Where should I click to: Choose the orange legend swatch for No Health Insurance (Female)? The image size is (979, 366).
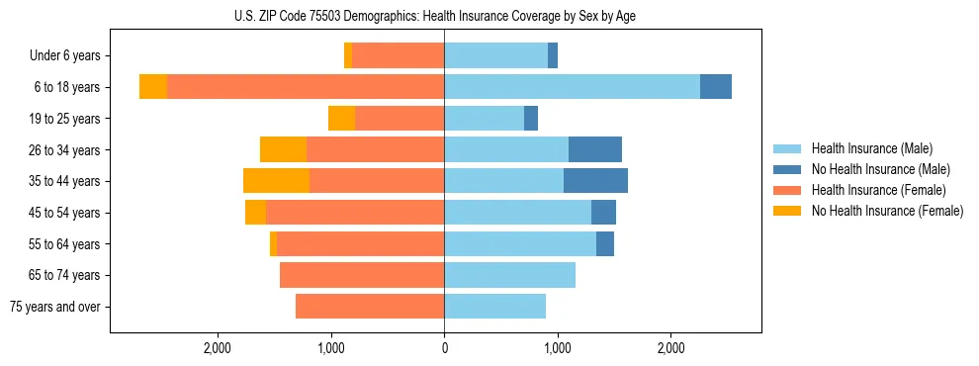787,211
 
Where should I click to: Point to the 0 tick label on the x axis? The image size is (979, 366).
444,348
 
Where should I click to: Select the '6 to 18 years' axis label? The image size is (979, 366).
67,87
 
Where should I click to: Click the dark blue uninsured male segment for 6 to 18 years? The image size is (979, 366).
716,87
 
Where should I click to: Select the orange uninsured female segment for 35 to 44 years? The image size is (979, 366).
276,181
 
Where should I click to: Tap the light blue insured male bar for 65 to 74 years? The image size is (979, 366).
509,275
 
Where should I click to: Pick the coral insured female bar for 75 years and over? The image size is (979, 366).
370,307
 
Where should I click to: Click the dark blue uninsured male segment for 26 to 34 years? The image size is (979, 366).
595,149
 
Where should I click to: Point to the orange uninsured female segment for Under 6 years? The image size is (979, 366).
348,56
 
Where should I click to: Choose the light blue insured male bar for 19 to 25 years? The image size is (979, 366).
484,119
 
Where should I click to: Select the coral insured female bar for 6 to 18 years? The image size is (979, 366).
306,87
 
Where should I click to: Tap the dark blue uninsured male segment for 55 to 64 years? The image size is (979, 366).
605,243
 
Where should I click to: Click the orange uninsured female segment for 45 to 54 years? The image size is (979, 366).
255,213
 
